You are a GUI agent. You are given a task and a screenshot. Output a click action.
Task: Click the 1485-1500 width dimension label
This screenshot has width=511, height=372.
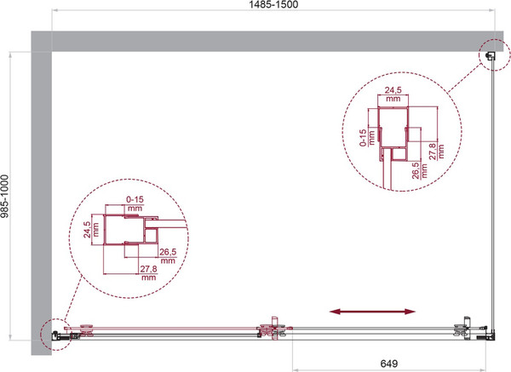pyautogui.click(x=273, y=4)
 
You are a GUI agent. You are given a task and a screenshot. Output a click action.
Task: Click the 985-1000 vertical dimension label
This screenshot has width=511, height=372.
pyautogui.click(x=4, y=196)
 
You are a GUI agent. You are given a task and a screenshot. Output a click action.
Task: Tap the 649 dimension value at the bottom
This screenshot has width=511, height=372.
pyautogui.click(x=389, y=363)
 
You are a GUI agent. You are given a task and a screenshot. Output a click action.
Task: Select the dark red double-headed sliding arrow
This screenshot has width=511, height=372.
pyautogui.click(x=372, y=312)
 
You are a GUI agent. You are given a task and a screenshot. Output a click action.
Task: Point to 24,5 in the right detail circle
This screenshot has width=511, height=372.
pyautogui.click(x=393, y=90)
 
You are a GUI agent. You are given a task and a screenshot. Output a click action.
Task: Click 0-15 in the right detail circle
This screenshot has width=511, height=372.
pyautogui.click(x=363, y=138)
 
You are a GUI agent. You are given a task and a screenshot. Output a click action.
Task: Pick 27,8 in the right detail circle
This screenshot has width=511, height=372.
pyautogui.click(x=432, y=152)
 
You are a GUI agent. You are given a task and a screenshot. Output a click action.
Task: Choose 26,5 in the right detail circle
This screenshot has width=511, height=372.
pyautogui.click(x=416, y=171)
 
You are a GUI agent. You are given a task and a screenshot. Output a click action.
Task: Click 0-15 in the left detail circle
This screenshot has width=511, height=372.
pyautogui.click(x=135, y=199)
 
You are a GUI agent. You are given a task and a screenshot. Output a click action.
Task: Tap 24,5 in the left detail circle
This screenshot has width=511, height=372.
pyautogui.click(x=87, y=230)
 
